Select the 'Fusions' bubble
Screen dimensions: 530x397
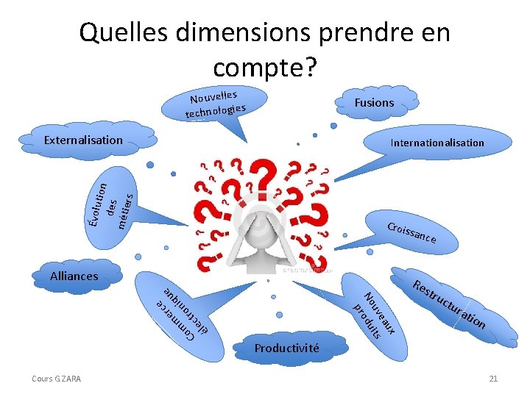pos(374,103)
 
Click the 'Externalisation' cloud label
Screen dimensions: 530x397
pos(83,140)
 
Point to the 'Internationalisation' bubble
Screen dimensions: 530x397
pos(437,143)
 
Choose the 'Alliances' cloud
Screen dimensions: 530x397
pos(74,276)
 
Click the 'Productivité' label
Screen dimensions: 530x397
pos(287,348)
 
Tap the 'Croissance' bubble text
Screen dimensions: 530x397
pos(412,232)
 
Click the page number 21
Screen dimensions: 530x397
pos(493,379)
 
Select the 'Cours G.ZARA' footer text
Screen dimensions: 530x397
pos(57,379)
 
